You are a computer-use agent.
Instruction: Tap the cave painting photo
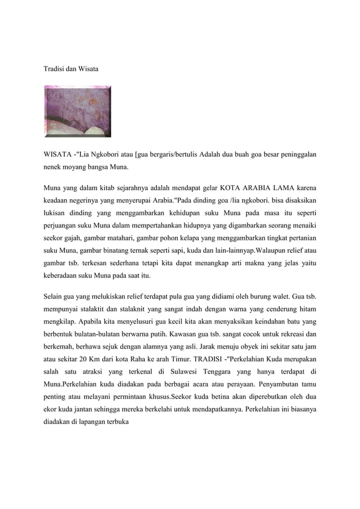[78, 111]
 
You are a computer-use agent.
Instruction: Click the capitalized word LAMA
[287, 187]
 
